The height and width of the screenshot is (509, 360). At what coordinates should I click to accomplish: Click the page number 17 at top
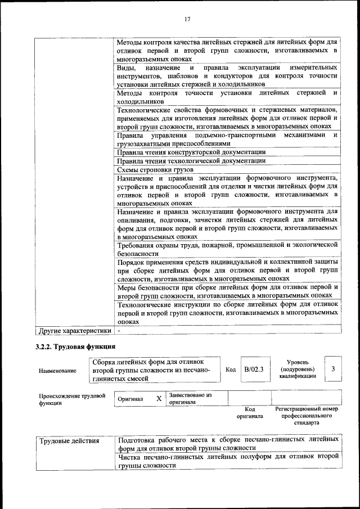tap(188, 19)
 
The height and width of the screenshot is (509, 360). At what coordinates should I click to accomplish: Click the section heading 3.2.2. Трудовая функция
tap(76, 346)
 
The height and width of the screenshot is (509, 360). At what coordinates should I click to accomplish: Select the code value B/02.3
tap(254, 370)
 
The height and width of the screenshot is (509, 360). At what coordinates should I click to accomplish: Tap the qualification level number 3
tap(334, 369)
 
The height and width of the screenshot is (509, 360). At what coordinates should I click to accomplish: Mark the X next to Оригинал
tap(159, 398)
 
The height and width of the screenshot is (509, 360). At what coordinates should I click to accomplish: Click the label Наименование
tap(57, 371)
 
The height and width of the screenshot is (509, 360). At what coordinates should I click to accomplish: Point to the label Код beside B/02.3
tap(231, 370)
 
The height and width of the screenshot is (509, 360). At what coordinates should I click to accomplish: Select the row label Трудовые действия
tap(69, 440)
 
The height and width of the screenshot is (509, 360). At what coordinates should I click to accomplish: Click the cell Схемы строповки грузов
tap(155, 169)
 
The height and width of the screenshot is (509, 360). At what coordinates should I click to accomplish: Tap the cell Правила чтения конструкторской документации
tap(191, 152)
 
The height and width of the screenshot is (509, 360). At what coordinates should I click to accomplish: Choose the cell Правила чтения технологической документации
tap(191, 160)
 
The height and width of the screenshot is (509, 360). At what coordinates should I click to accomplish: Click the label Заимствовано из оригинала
tap(190, 398)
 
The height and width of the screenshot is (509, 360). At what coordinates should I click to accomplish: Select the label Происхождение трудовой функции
tap(72, 399)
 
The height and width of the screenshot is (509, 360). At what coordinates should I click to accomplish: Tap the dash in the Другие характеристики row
tap(119, 331)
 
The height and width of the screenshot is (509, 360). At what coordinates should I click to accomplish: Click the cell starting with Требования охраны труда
tap(227, 249)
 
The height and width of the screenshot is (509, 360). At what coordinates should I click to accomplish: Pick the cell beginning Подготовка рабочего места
tap(227, 443)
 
